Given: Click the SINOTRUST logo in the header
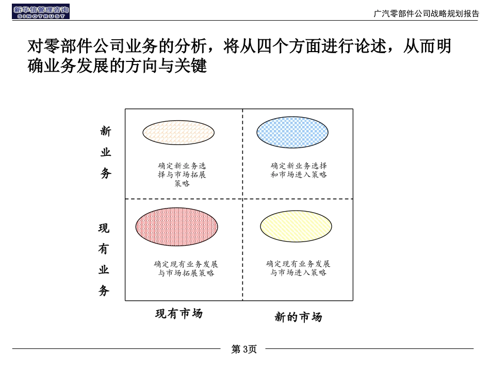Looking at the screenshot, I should click(x=41, y=11).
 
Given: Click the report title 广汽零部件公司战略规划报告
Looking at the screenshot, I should click(x=426, y=14).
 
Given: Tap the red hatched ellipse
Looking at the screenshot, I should click(x=177, y=227).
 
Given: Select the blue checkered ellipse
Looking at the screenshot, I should click(x=292, y=132).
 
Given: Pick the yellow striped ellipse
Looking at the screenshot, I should click(x=296, y=226).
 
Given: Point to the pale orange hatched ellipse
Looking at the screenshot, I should click(x=178, y=132).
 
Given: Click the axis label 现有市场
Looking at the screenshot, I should click(x=179, y=314).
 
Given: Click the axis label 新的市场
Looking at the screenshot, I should click(x=298, y=317).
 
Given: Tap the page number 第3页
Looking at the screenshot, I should click(x=244, y=349).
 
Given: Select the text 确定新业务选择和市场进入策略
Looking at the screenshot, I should click(x=299, y=170).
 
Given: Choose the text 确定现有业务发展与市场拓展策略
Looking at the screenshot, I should click(x=186, y=268).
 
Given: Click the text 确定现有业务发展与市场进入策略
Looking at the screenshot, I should click(x=298, y=268).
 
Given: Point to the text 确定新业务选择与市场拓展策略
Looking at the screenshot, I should click(x=182, y=174).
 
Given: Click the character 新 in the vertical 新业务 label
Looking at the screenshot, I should click(x=106, y=132).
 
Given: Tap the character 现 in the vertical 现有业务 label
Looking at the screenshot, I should click(x=104, y=228).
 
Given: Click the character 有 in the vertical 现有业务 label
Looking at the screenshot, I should click(x=104, y=249).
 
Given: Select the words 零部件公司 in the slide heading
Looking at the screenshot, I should click(x=85, y=46).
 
